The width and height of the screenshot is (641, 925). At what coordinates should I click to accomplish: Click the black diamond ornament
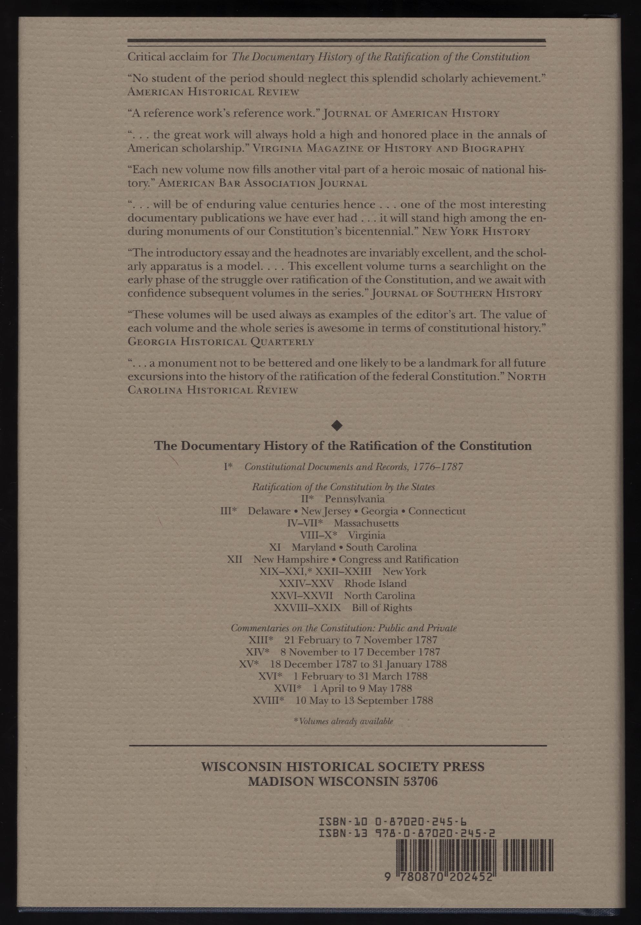coord(337,426)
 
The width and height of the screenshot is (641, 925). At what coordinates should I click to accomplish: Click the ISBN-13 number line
coord(406,833)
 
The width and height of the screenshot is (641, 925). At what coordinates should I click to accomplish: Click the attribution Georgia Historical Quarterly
coord(220,342)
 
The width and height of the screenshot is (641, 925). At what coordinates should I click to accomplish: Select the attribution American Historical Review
coord(213,92)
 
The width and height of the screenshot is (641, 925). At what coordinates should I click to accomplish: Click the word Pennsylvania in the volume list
coord(355,499)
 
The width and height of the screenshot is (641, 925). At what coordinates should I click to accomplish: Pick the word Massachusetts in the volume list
coord(366,523)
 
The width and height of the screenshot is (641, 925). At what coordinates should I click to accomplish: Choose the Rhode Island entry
coord(375,583)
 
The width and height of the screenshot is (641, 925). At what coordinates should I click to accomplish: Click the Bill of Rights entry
coord(382,608)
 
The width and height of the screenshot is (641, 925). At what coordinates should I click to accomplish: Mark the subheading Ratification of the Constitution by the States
coord(343,487)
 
